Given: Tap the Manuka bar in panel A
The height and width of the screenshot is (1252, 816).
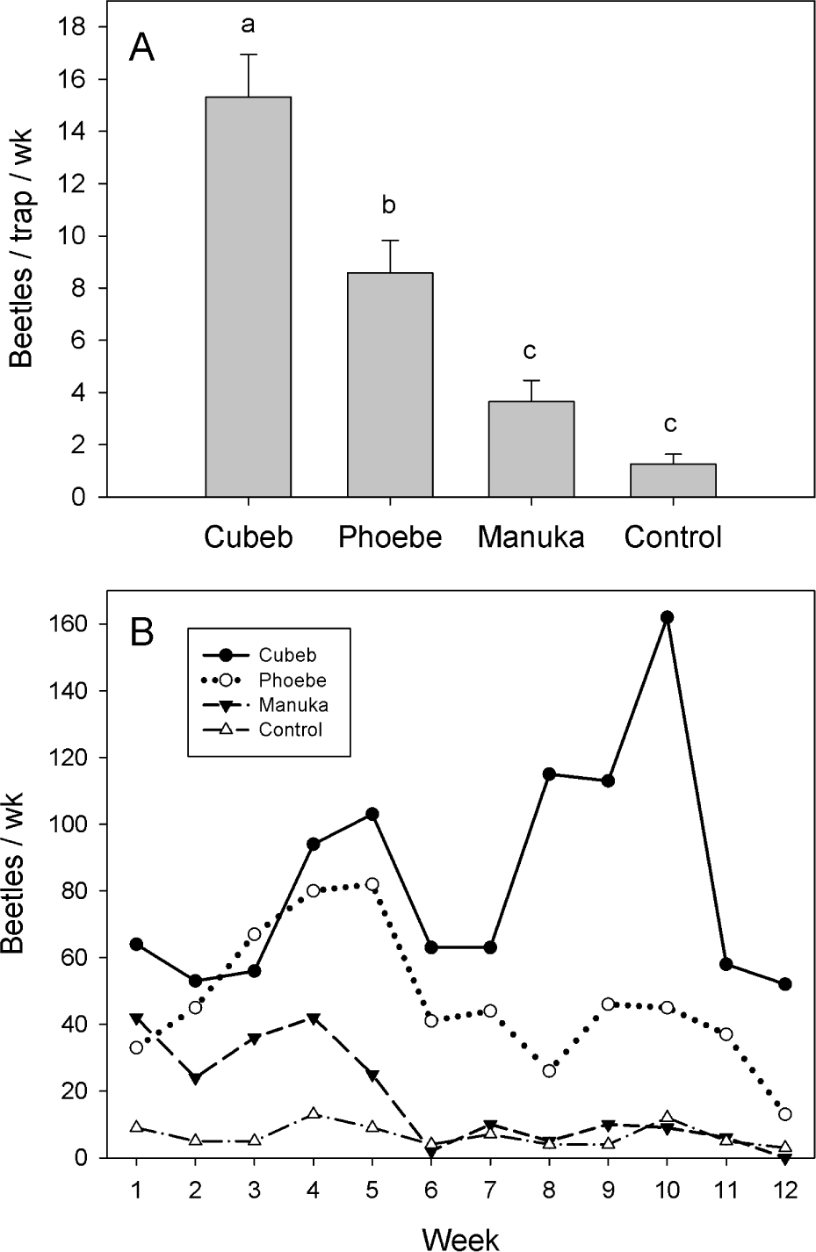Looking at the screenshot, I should [531, 449].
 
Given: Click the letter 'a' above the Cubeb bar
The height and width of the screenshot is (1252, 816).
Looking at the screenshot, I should [249, 25].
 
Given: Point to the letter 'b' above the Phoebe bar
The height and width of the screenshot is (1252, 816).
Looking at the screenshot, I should [390, 205].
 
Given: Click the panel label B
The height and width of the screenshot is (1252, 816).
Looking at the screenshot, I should [142, 632].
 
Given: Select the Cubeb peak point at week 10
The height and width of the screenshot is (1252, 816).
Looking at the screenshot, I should [667, 617].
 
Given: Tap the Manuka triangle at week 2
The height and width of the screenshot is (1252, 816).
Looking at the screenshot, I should [196, 1078].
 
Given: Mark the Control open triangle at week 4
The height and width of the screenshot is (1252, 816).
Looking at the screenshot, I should [314, 1114].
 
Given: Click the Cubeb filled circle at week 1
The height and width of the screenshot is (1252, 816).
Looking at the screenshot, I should [137, 944].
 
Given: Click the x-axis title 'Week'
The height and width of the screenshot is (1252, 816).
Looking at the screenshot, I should [460, 1238].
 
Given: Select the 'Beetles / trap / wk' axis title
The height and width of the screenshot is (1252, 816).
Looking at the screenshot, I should [25, 254].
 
